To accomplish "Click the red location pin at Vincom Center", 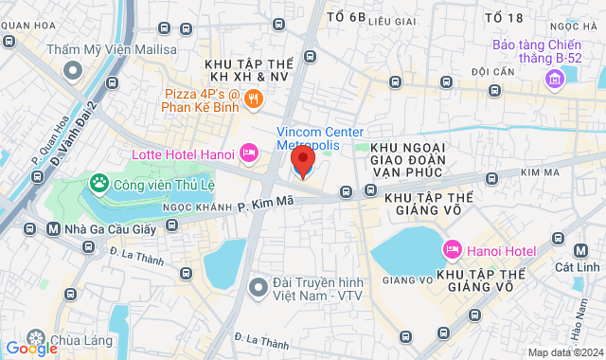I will pos(302,158).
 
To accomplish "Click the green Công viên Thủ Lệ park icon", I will pos(98,181).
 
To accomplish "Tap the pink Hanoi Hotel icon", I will pos(452,250).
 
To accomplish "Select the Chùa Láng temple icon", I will pos(36,339).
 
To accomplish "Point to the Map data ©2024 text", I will pos(564,352).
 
